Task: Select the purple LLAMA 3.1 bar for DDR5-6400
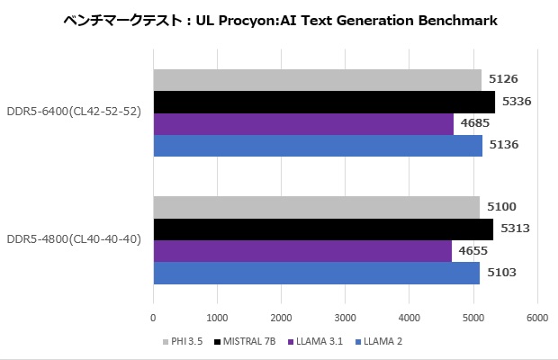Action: (x=303, y=123)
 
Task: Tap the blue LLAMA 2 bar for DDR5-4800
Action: (x=317, y=273)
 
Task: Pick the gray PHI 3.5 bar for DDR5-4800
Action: (x=317, y=207)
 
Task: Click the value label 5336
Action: (x=517, y=102)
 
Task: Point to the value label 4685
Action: (x=475, y=123)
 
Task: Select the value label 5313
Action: (x=515, y=229)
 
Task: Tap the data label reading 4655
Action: (x=473, y=251)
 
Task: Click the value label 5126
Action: (x=503, y=79)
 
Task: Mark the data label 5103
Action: (x=502, y=273)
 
